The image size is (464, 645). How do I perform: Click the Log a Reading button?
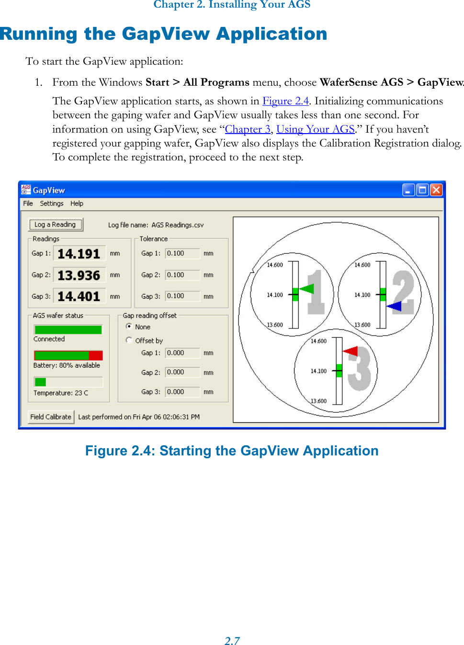[56, 225]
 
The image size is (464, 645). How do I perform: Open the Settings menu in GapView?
[52, 204]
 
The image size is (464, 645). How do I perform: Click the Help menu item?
[77, 204]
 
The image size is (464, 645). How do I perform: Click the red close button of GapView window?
[436, 190]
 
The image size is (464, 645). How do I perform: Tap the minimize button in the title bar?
[408, 190]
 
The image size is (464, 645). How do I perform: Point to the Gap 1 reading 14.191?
[79, 254]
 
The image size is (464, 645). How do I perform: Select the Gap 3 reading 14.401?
[79, 297]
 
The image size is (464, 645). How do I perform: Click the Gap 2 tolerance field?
[182, 275]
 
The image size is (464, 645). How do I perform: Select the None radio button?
[129, 327]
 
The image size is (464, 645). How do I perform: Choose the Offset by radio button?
[129, 340]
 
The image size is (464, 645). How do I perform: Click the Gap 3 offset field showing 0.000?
[182, 392]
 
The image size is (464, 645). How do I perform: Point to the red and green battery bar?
[68, 355]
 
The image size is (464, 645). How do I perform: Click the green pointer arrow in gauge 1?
[306, 289]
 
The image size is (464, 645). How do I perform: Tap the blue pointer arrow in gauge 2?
[395, 306]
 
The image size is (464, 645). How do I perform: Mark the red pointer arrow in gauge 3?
[351, 351]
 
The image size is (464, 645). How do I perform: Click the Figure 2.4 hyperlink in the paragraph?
[285, 101]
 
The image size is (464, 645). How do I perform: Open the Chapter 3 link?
[248, 129]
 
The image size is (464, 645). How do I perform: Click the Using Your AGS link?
[315, 129]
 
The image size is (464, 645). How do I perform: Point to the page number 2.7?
[232, 641]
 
